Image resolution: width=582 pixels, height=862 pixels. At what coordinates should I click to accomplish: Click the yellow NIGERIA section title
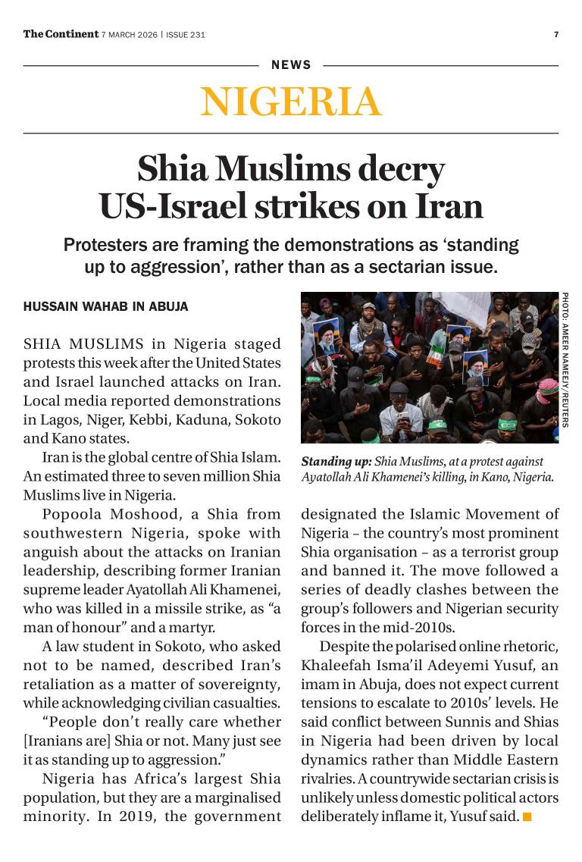click(291, 102)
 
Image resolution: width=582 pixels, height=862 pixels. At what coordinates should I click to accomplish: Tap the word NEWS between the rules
click(291, 65)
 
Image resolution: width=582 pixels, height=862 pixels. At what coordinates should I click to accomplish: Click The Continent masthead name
click(61, 34)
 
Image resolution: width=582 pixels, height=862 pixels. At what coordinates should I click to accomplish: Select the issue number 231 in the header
click(197, 35)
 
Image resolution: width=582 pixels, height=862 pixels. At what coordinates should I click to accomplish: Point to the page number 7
click(556, 34)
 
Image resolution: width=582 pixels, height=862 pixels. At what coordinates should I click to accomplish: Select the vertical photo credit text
click(565, 359)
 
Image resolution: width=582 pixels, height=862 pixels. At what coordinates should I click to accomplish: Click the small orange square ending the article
click(527, 817)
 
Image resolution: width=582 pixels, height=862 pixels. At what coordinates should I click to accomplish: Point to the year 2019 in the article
click(125, 817)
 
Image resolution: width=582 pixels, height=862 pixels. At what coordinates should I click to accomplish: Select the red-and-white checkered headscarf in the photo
click(547, 390)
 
